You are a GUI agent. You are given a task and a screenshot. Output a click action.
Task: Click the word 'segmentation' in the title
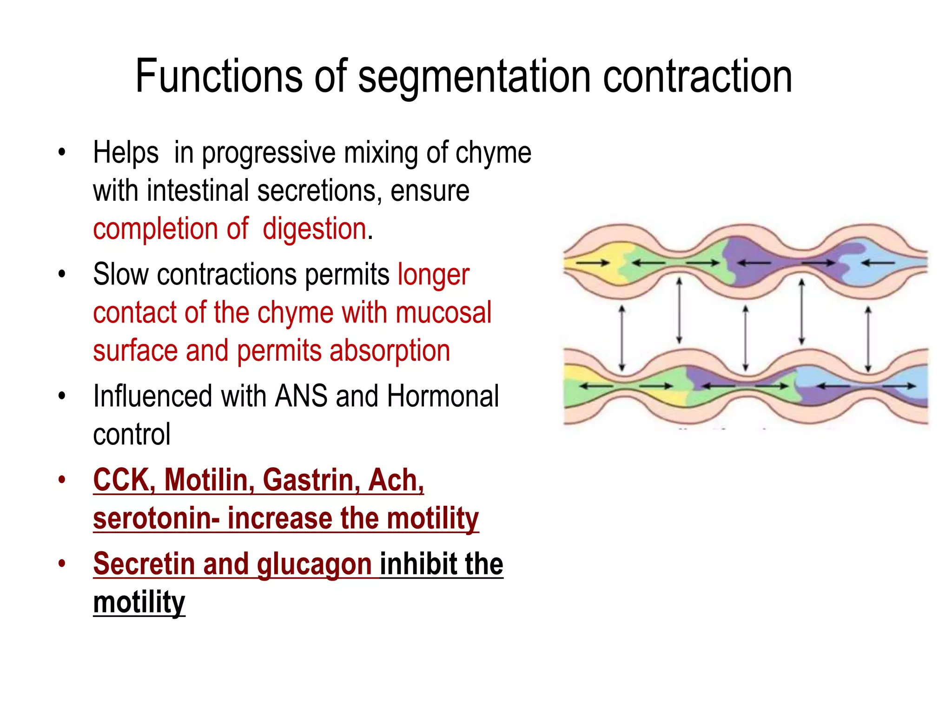click(474, 77)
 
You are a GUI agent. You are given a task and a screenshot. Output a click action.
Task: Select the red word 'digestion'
click(315, 229)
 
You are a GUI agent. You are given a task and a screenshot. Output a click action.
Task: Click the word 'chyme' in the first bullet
click(493, 153)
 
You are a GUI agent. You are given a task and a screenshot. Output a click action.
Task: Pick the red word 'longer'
click(433, 275)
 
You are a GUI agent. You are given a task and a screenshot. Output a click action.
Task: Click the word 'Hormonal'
click(443, 397)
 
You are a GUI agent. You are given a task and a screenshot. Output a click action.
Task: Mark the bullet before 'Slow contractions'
click(62, 274)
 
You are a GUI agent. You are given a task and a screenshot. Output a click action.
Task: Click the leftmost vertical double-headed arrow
click(622, 338)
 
